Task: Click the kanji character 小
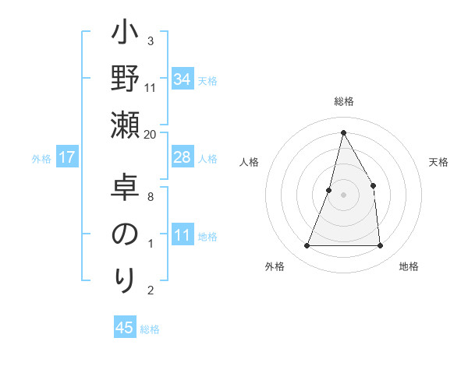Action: [x=126, y=34]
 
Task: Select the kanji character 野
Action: [x=126, y=79]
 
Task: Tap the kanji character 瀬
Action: [x=126, y=125]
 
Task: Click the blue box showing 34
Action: [x=182, y=79]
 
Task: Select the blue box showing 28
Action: [x=182, y=158]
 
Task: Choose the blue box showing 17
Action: [x=66, y=158]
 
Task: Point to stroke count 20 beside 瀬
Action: [x=151, y=134]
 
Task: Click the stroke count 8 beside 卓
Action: [x=151, y=197]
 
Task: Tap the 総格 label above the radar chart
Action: [x=343, y=102]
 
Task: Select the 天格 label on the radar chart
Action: [x=438, y=162]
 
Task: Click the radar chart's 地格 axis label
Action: [x=409, y=267]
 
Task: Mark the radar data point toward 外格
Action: [x=307, y=246]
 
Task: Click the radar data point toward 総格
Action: [x=343, y=132]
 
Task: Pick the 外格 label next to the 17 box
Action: [x=41, y=159]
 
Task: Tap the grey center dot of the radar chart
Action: [x=343, y=195]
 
